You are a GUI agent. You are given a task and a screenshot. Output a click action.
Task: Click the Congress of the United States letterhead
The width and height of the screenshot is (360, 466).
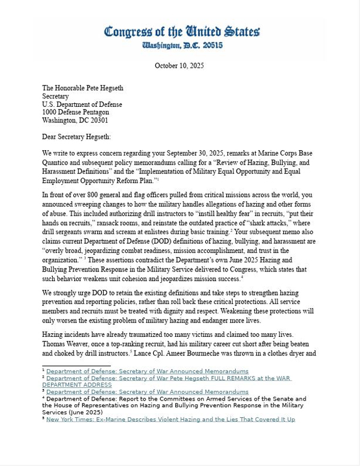(x=181, y=31)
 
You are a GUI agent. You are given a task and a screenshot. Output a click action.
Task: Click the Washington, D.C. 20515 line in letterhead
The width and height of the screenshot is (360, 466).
(x=181, y=45)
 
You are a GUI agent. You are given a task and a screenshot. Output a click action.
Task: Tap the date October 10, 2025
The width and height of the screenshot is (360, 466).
(x=180, y=66)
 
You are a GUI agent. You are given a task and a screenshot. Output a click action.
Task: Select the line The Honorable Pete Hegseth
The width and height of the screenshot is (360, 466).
(x=83, y=88)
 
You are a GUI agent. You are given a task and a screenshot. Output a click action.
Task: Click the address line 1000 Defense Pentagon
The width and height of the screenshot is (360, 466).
(x=76, y=112)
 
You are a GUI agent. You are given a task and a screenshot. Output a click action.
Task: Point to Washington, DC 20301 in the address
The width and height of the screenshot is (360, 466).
(x=75, y=121)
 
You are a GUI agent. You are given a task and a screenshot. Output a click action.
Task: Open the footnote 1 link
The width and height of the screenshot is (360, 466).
(x=147, y=372)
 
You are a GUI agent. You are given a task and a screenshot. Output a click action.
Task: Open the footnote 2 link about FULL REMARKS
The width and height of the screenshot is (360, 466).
(x=169, y=378)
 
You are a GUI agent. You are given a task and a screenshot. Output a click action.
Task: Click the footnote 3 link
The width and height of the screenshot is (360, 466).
(x=147, y=392)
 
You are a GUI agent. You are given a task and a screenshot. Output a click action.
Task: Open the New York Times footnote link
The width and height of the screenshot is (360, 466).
(x=170, y=419)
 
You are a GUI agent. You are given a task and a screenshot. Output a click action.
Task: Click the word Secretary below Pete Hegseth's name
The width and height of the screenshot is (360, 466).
(x=55, y=96)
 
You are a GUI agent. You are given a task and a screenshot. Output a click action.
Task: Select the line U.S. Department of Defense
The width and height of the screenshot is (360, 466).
(x=82, y=104)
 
